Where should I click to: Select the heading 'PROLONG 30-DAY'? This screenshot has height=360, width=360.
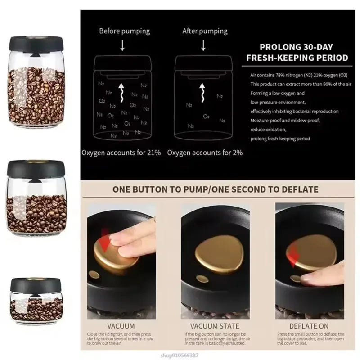click(298, 46)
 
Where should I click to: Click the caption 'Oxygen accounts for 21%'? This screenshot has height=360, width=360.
click(121, 153)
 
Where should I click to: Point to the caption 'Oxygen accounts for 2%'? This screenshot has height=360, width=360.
click(205, 153)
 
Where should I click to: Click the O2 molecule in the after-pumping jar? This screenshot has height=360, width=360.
click(206, 117)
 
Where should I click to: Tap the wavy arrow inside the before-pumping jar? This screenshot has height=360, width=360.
click(121, 93)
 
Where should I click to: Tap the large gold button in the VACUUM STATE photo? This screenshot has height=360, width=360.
click(215, 250)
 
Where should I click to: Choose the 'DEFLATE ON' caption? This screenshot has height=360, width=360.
click(308, 325)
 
